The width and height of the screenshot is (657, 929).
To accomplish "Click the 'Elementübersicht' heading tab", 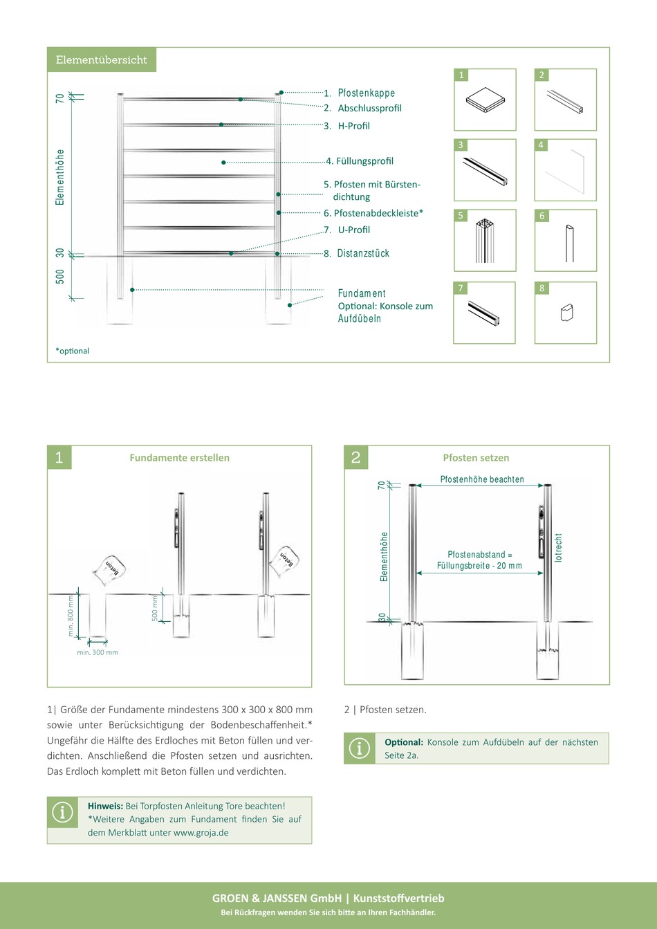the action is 102,59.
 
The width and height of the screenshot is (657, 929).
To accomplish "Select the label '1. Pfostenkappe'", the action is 359,93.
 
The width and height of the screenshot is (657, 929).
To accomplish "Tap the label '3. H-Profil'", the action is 346,126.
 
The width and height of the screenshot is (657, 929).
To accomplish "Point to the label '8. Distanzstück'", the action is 356,253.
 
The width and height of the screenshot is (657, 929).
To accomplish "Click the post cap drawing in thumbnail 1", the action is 485,100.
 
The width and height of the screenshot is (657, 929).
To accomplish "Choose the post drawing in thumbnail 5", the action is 485,241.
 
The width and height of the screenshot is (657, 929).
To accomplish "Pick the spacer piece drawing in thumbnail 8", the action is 566,313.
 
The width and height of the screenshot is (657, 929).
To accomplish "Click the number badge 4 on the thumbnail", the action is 541,145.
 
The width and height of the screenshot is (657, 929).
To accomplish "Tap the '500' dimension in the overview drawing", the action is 60,277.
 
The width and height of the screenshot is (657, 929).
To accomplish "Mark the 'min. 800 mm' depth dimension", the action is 71,616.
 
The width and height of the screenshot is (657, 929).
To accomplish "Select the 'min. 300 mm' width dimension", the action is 98,652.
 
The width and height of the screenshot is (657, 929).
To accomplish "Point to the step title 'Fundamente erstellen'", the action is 180,457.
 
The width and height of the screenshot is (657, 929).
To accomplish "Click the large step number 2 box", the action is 356,457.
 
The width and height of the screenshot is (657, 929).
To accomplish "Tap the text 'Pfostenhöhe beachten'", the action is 482,479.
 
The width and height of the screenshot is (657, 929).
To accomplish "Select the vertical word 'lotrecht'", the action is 558,547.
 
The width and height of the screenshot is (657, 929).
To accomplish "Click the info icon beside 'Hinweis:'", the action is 63,812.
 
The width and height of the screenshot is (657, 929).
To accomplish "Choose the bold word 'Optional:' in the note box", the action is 404,742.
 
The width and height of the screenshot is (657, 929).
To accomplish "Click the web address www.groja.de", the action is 201,833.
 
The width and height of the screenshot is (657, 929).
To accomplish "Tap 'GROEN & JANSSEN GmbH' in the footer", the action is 277,899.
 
